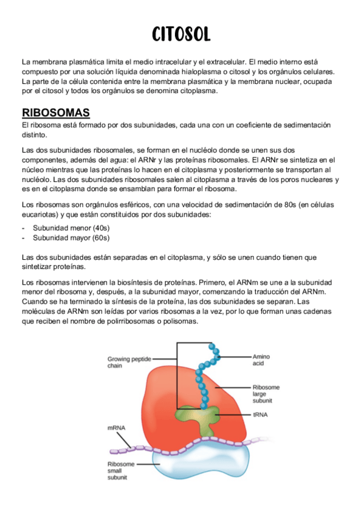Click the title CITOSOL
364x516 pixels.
pos(182,34)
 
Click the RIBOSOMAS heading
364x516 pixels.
pos(56,113)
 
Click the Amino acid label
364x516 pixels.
pos(263,359)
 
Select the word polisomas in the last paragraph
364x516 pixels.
pos(180,322)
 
